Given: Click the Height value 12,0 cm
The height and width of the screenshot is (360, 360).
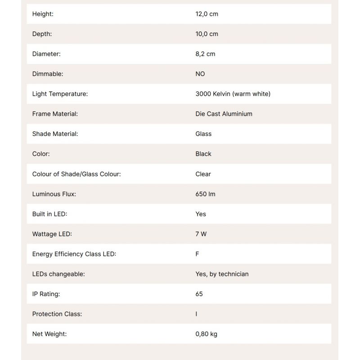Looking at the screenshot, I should tap(207, 14).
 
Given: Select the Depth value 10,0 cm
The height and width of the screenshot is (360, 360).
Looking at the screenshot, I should tap(207, 34).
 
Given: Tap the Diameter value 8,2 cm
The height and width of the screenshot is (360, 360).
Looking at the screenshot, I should tap(205, 54).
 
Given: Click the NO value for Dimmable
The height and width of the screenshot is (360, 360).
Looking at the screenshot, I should tap(200, 74).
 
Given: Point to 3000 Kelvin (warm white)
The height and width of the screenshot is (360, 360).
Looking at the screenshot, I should tap(233, 94).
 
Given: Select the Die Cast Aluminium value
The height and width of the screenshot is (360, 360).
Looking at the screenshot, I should tap(224, 114).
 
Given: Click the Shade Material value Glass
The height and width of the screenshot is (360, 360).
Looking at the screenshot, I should tap(203, 134).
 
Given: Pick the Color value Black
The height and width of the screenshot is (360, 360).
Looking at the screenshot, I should tap(203, 154).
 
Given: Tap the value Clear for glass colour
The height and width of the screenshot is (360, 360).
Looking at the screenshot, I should tap(203, 174).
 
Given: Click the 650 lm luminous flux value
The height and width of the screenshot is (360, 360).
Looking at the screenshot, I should tap(205, 194).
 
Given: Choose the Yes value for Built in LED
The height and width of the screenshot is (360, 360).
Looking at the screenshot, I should tap(201, 214).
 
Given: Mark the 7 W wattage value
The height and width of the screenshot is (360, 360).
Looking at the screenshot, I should tap(201, 234).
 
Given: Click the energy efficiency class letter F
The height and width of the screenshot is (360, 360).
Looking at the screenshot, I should tap(197, 254).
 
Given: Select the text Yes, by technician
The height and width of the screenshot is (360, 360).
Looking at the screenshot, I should tap(222, 274).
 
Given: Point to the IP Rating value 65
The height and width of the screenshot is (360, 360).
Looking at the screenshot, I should tap(199, 294).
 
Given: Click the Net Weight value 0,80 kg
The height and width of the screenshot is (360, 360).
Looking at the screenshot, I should tap(206, 334).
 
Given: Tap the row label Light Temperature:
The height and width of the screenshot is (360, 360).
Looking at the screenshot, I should tap(60, 94).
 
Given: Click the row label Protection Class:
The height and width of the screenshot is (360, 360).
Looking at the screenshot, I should tap(57, 314).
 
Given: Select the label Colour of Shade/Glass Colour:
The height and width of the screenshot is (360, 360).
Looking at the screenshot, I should tap(76, 174).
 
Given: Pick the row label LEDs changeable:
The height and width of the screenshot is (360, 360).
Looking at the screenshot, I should tap(58, 274).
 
